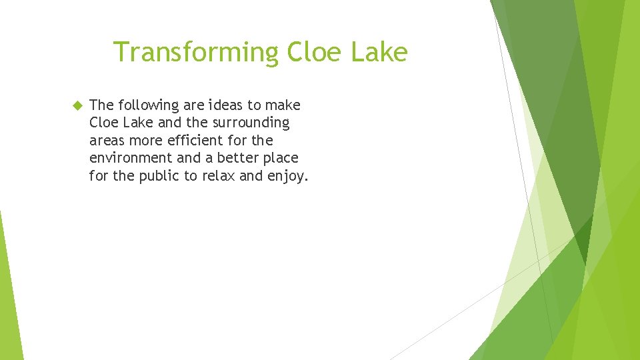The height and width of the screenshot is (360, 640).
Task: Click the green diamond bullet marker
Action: click(76, 105)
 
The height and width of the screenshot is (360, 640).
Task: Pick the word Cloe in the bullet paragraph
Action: click(103, 123)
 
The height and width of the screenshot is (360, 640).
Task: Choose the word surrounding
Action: click(250, 123)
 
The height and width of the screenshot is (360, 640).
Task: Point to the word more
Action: click(145, 141)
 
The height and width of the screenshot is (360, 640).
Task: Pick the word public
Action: click(157, 177)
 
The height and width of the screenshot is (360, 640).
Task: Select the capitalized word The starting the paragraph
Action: click(101, 105)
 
